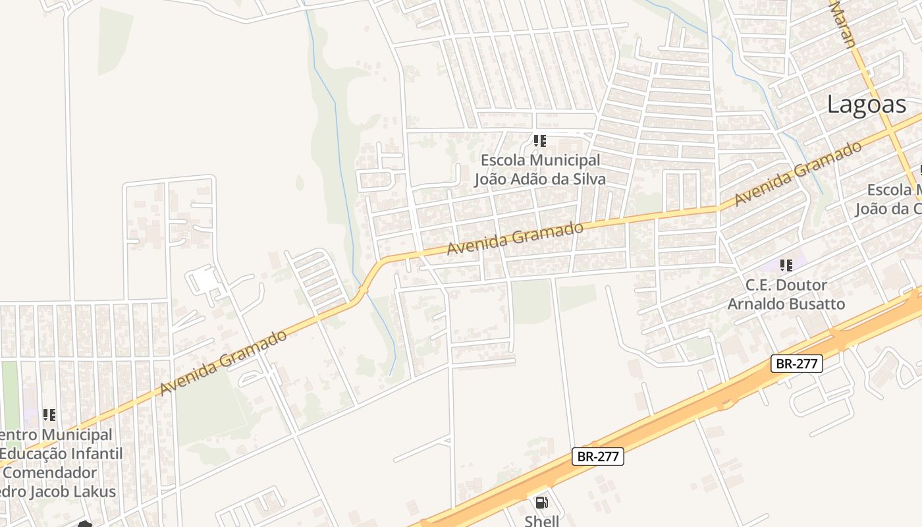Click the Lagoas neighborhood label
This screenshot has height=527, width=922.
[867, 104]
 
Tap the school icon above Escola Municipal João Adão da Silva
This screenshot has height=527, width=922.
[540, 140]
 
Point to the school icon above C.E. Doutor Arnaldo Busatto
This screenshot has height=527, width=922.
[786, 265]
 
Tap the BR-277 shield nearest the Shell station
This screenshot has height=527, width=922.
[598, 457]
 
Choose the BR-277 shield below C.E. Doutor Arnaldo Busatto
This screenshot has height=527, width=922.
[797, 363]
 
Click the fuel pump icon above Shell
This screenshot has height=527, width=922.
[541, 503]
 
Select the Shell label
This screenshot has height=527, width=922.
[541, 520]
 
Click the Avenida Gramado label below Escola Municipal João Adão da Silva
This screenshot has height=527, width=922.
[515, 239]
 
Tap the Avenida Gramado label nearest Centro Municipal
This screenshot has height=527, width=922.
[223, 363]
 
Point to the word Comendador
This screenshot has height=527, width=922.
[54, 473]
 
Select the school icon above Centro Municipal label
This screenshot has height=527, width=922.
[49, 415]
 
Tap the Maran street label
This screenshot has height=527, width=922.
[844, 25]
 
